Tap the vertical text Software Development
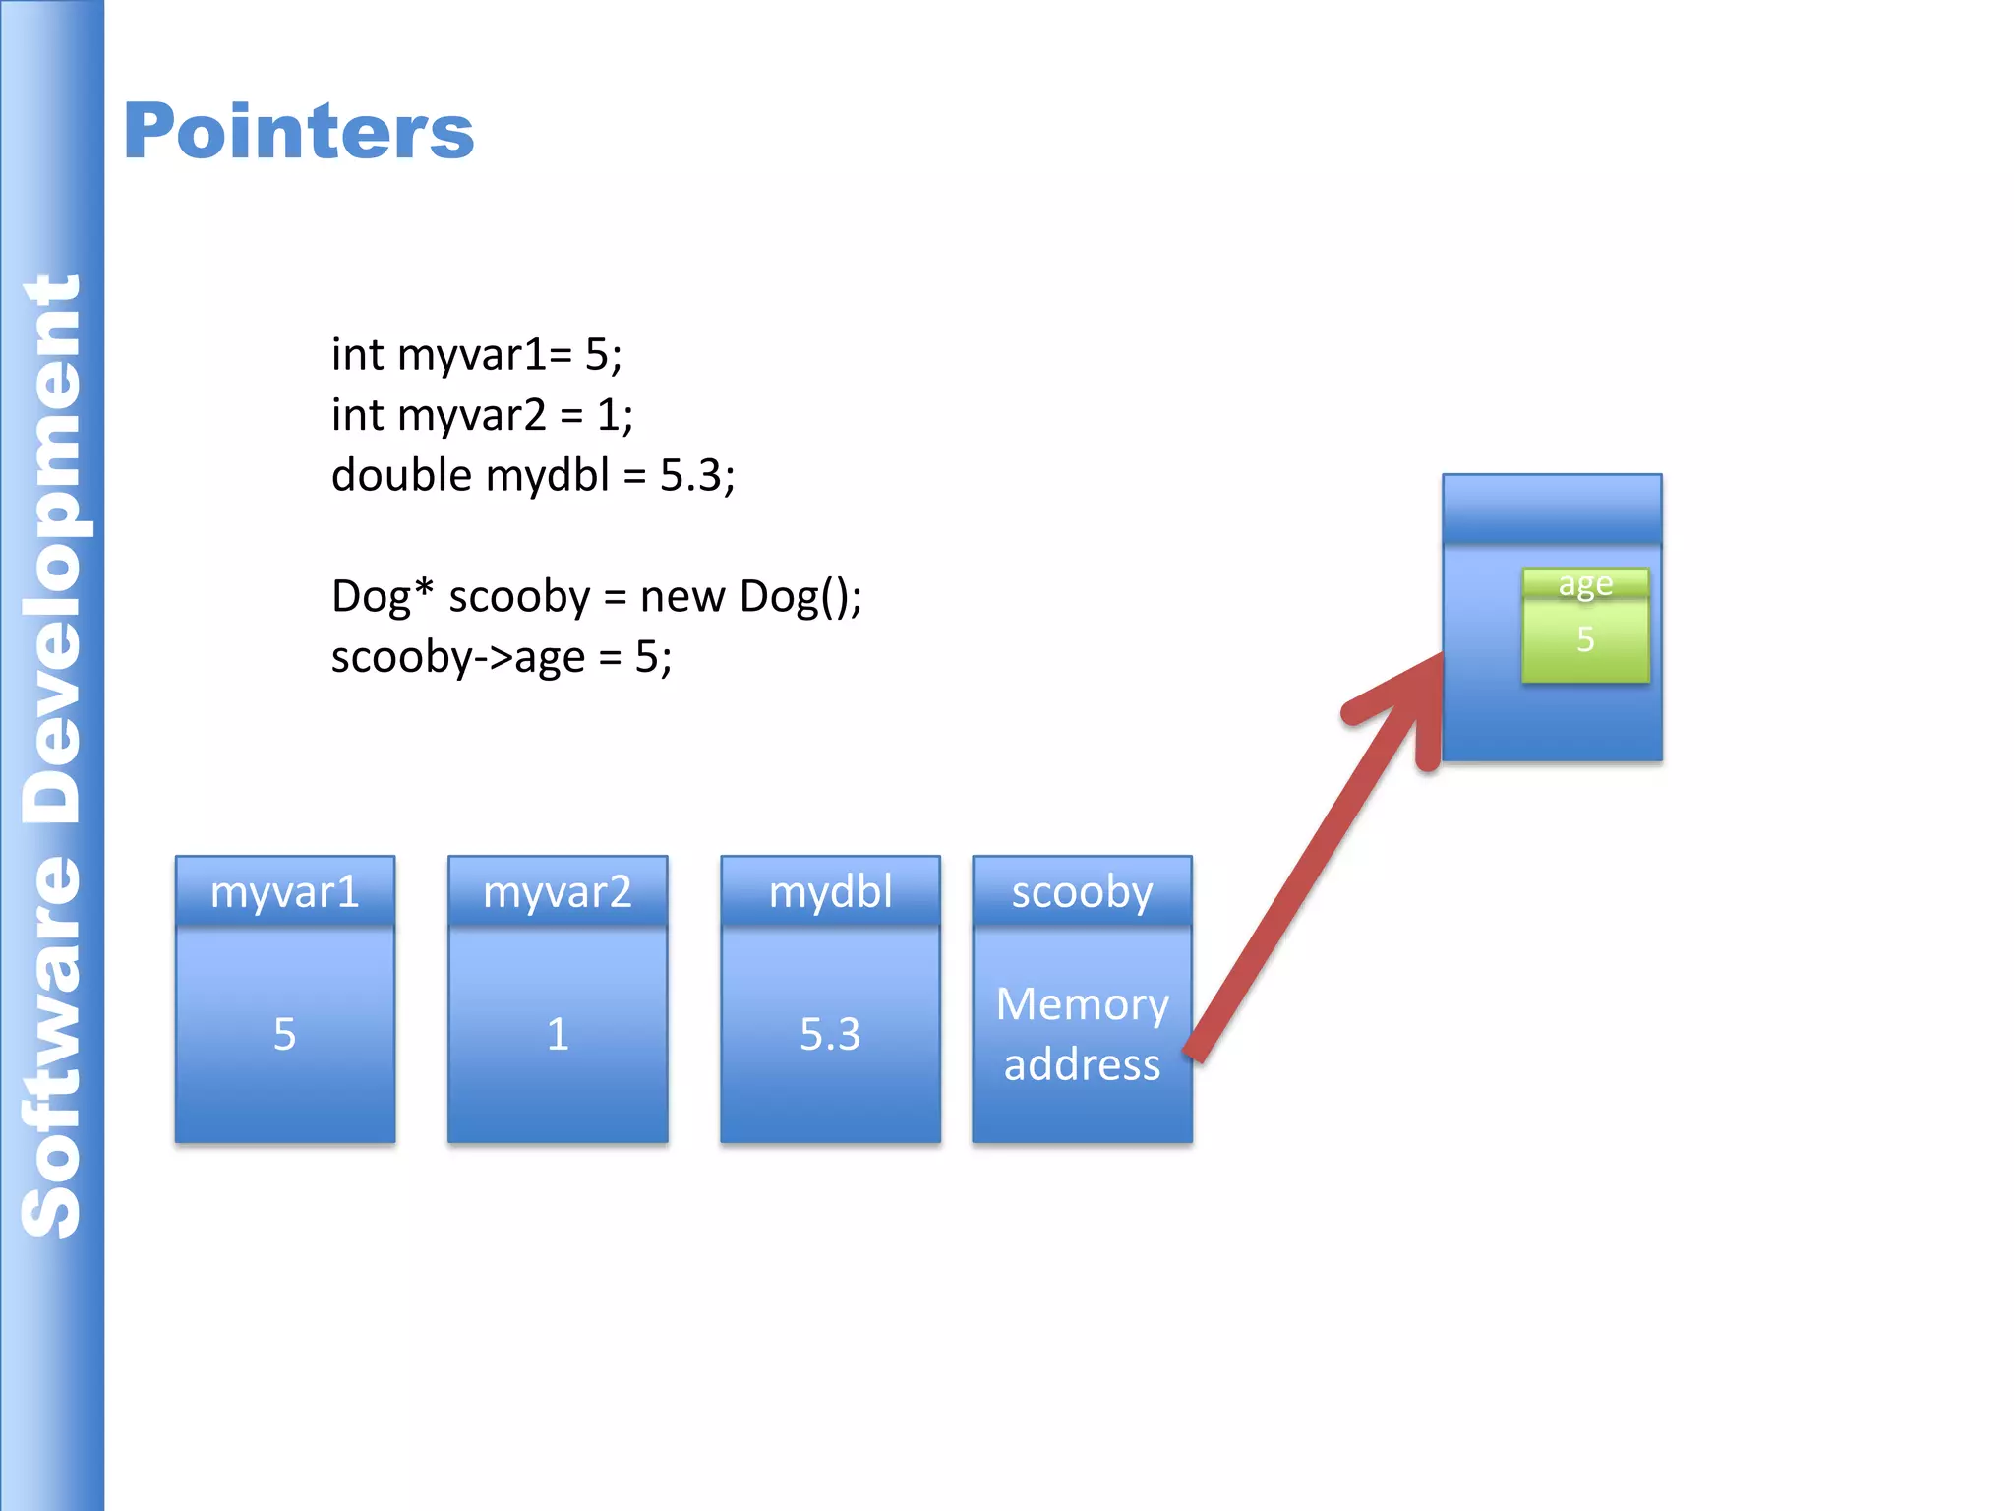tap(51, 755)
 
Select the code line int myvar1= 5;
tap(476, 354)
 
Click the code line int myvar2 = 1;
tap(482, 415)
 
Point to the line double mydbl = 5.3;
tap(532, 475)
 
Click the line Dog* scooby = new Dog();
tap(596, 597)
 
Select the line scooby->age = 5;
tap(501, 657)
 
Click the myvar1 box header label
tap(285, 891)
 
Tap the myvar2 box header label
tap(558, 891)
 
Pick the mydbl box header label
tap(830, 891)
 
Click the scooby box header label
tap(1082, 891)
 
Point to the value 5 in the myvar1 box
tap(284, 1034)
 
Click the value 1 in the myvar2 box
tap(558, 1034)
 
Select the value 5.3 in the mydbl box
tap(830, 1034)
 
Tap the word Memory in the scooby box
tap(1082, 1004)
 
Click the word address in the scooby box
tap(1082, 1064)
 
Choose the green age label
tap(1585, 583)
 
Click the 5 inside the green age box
tap(1585, 639)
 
